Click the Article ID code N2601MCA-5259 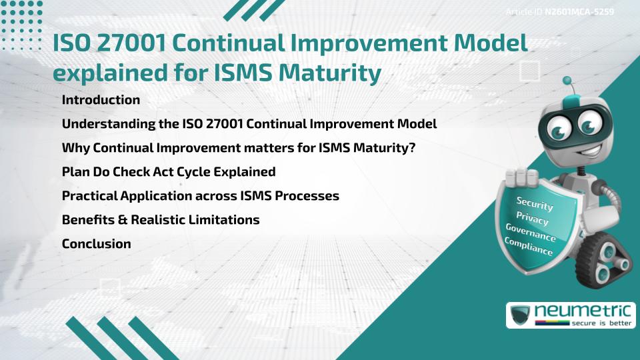tap(578, 12)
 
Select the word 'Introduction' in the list tap(101, 100)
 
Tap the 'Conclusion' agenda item tap(96, 244)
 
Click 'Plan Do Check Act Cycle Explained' tap(169, 172)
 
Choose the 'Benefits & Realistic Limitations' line tap(161, 220)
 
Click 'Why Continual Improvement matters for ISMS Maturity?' tap(239, 148)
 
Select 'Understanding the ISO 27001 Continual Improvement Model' tap(249, 124)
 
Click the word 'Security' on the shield tap(535, 203)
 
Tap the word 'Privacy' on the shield tap(533, 219)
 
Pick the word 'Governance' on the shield tap(531, 233)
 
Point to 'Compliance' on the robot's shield tap(529, 247)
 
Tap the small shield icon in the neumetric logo tap(520, 315)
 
